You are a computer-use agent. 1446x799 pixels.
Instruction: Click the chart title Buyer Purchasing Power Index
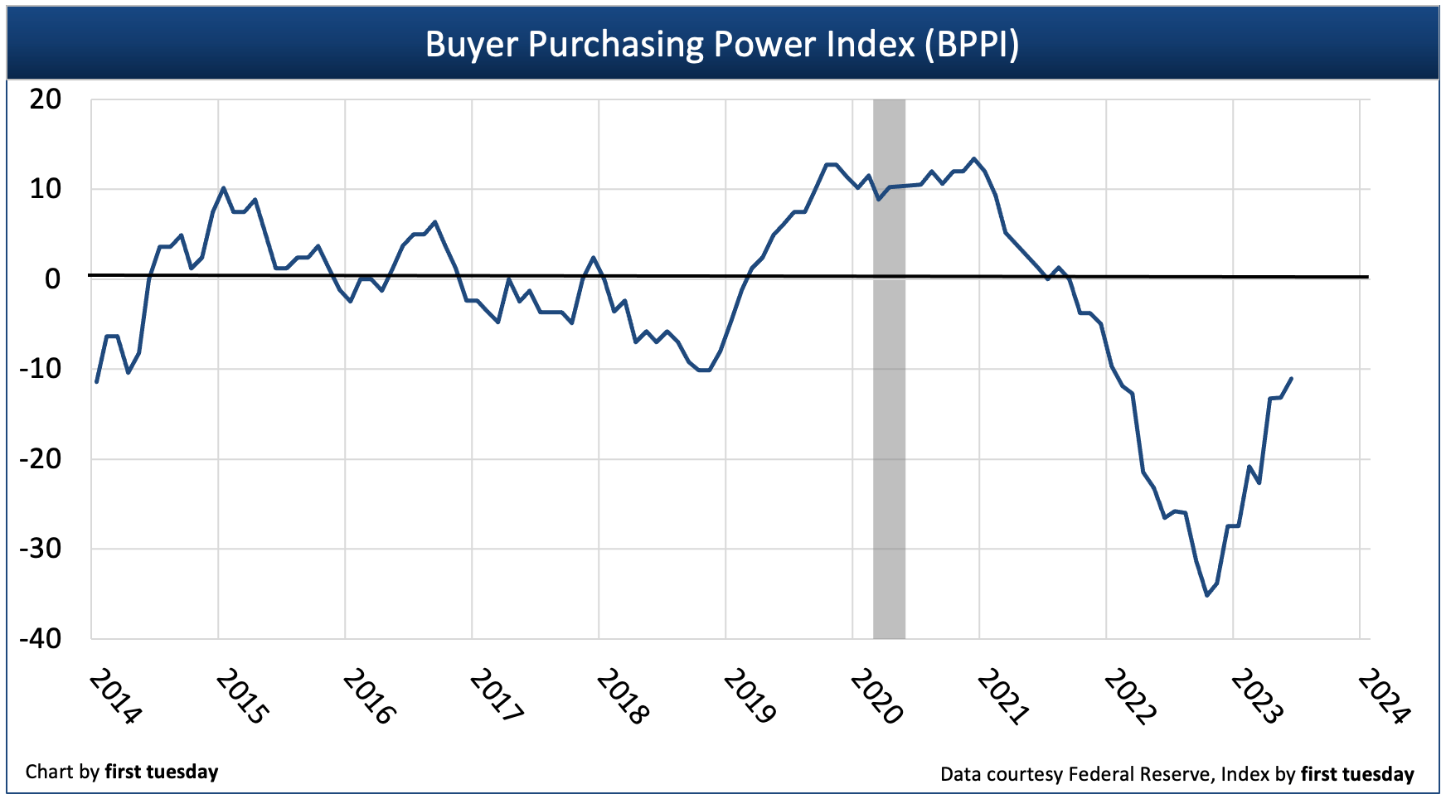click(721, 44)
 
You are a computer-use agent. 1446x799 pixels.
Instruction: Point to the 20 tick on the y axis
click(46, 99)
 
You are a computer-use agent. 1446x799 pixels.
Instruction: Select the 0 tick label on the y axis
click(52, 278)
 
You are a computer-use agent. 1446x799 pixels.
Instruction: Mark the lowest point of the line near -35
click(1206, 595)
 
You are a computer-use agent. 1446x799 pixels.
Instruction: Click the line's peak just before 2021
click(974, 158)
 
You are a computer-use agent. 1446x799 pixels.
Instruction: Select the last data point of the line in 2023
click(1292, 378)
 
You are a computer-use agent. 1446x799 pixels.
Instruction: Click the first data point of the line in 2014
click(97, 382)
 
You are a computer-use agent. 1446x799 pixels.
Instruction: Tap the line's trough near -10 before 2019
click(705, 370)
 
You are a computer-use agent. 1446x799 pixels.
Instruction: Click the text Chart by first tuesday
click(122, 772)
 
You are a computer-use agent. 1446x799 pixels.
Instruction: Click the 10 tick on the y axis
click(46, 189)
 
